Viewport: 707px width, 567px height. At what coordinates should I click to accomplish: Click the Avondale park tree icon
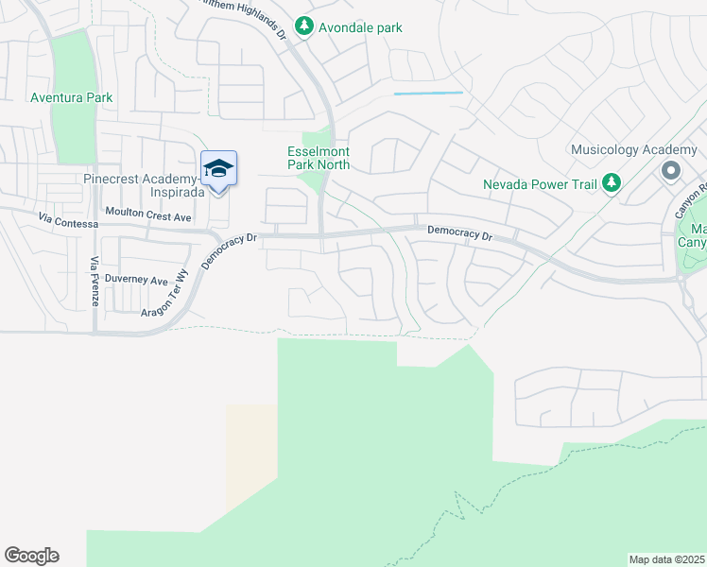coord(303,26)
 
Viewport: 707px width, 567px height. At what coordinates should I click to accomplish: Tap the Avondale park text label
coord(360,27)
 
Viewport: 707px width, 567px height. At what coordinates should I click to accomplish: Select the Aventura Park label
coord(71,97)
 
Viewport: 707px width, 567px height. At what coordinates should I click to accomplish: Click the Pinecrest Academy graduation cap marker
coord(218,169)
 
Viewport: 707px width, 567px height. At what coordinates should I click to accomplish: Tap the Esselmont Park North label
coord(319,158)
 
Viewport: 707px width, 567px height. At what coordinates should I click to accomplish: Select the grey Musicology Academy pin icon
coord(671,171)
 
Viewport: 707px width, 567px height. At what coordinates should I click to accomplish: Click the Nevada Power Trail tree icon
coord(612,183)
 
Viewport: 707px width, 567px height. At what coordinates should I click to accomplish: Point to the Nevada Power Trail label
coord(540,184)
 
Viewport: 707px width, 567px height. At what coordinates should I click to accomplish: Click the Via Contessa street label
coord(68,221)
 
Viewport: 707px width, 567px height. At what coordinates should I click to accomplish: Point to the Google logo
coord(31,556)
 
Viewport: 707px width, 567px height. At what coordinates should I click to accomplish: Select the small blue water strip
coord(427,93)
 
